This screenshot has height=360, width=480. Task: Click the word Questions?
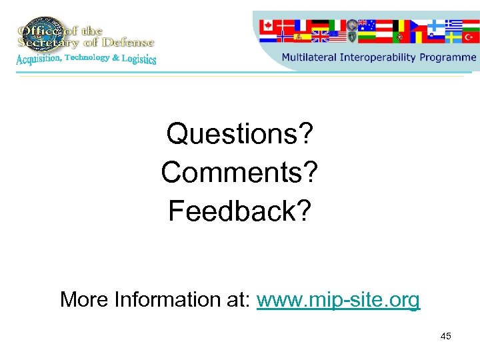coord(240,133)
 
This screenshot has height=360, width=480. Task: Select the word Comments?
coord(240,172)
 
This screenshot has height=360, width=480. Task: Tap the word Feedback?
coord(240,211)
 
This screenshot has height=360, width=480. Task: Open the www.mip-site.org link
coord(338,300)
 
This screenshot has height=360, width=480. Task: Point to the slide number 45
coord(446,336)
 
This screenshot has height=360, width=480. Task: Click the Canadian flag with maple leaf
coord(267,26)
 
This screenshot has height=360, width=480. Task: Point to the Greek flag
coord(455,25)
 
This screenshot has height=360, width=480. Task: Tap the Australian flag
coord(367,26)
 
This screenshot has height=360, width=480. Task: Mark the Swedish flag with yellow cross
coord(454,37)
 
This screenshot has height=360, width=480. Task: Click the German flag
coord(321,25)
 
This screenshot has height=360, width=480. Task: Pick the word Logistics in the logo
coord(139,59)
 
